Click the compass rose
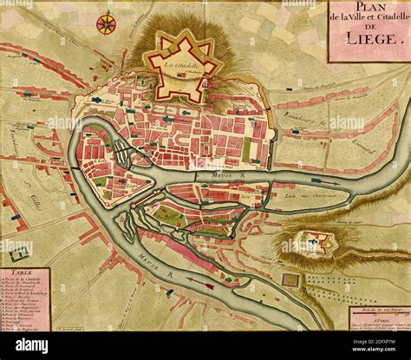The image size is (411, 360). tap(107, 23)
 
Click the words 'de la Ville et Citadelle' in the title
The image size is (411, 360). tap(369, 23)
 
